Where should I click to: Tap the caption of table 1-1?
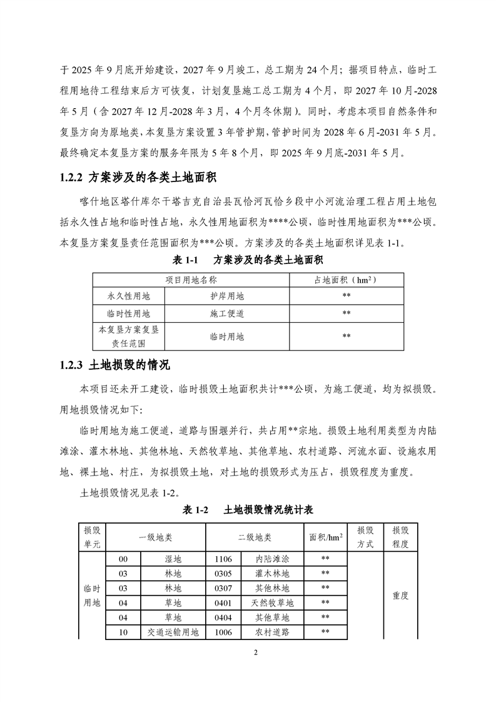click(248, 259)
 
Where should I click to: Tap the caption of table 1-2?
click(248, 511)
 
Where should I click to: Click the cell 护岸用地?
click(226, 296)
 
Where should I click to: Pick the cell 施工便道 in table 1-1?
click(226, 313)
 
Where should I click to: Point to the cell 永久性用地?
click(129, 296)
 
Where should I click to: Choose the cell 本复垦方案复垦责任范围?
click(129, 336)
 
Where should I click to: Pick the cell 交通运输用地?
click(173, 633)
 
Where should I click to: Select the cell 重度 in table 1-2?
click(400, 596)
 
